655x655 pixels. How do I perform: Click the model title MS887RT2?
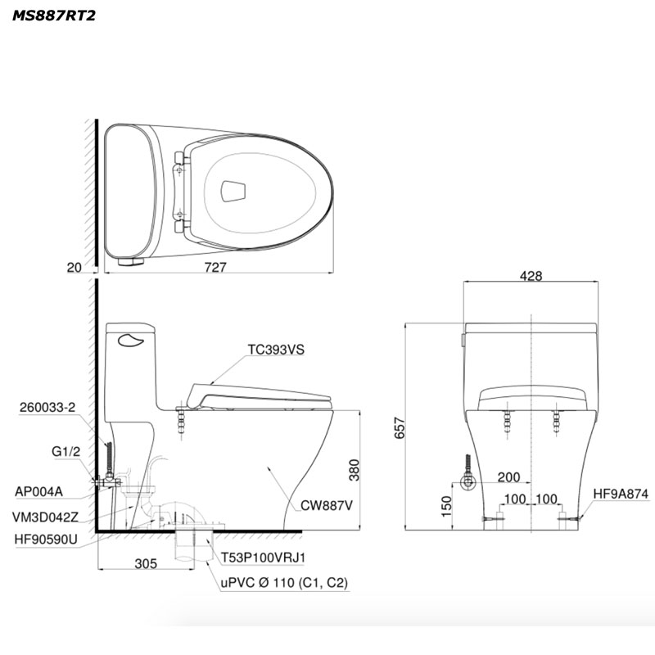[x=54, y=16]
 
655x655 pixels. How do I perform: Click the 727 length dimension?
[x=215, y=267]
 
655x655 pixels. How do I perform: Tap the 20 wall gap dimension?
[x=75, y=268]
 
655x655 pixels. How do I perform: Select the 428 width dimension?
[x=531, y=276]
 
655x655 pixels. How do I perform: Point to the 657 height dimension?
[x=400, y=427]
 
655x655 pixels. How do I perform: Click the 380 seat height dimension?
[x=354, y=470]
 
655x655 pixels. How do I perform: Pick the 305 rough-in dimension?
[x=146, y=563]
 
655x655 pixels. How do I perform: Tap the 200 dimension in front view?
[x=508, y=477]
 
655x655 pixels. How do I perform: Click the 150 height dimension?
[x=446, y=506]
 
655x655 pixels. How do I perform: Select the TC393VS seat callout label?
[x=276, y=350]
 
